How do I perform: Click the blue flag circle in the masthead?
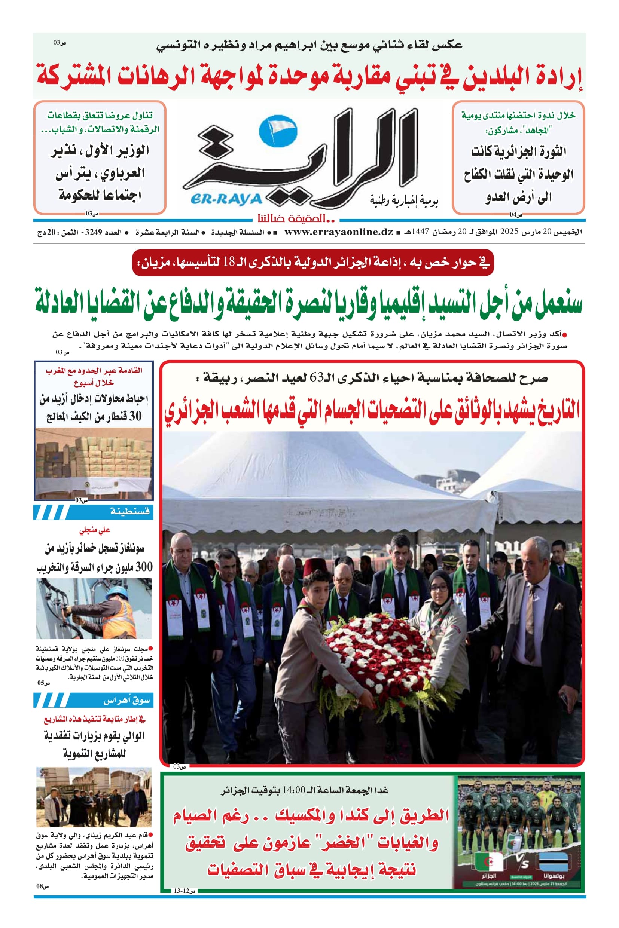(x=278, y=131)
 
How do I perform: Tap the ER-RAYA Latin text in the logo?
(x=226, y=199)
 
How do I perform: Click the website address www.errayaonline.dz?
(x=338, y=232)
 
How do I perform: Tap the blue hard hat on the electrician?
(x=116, y=593)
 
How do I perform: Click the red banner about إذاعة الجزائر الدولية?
(x=312, y=262)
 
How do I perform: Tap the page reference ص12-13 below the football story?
(x=185, y=902)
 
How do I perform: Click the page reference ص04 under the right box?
(x=516, y=215)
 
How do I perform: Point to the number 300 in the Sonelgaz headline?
(x=144, y=567)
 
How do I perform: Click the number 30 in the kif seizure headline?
(x=135, y=416)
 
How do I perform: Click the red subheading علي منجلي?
(x=94, y=530)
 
